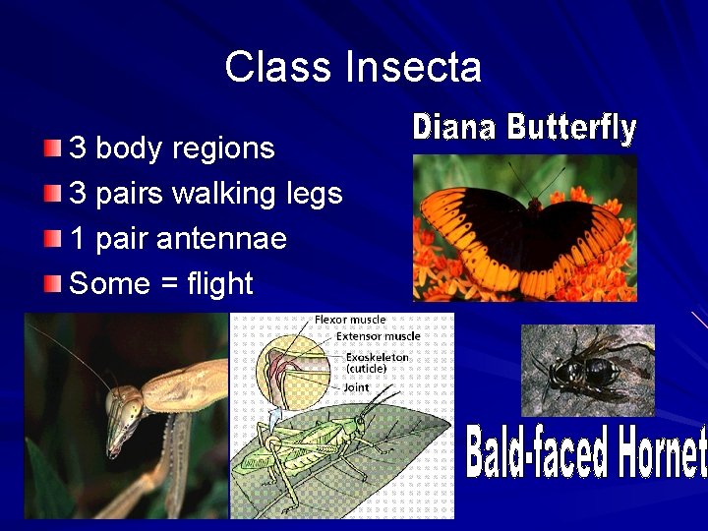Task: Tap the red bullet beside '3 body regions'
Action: click(53, 148)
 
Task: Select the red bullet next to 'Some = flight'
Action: click(53, 284)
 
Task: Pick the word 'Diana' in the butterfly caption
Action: click(455, 127)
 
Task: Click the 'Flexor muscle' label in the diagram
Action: click(349, 320)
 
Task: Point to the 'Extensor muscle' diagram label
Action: click(378, 336)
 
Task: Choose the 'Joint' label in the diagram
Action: click(356, 387)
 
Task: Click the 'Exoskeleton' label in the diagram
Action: click(377, 357)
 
